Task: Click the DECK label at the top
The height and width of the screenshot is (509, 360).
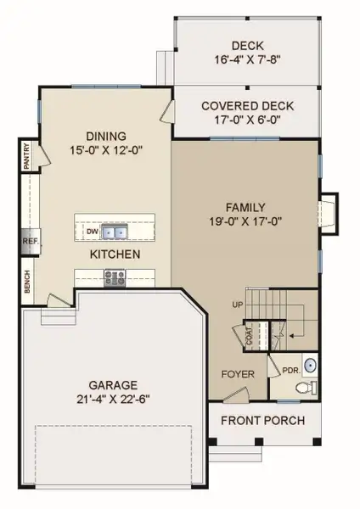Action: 247,46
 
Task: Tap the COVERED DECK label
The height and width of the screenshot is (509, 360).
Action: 247,106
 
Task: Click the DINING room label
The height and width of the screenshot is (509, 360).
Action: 106,136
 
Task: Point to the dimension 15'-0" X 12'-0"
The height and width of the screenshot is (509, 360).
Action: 106,151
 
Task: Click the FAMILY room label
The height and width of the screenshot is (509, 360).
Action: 246,207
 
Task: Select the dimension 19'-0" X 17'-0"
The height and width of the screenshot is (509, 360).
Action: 246,222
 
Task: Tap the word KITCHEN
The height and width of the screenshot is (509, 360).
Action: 115,254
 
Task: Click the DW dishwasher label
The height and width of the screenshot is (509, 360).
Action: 92,231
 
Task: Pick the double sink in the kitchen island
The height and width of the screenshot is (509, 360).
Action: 117,231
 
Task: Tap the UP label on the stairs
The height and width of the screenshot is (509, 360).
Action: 238,303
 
